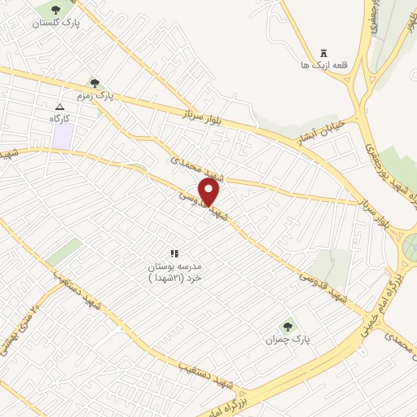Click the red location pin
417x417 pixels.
pos(209,192)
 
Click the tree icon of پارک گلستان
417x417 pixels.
pos(55,11)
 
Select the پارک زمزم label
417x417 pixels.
pos(94,96)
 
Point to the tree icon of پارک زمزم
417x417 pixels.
pos(95,83)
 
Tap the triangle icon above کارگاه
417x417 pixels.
pos(59,107)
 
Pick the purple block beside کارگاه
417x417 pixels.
pos(62,137)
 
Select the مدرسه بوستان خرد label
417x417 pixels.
pos(173,272)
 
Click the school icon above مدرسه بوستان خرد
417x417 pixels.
pos(173,254)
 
